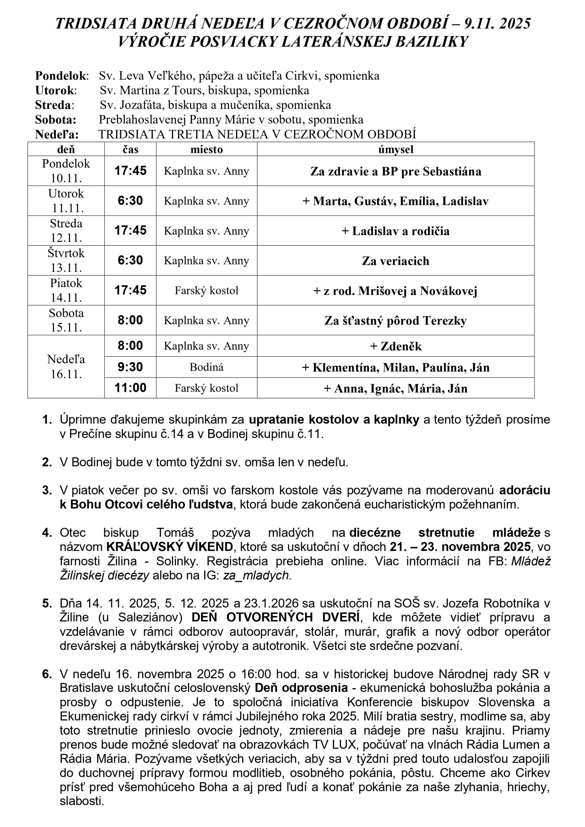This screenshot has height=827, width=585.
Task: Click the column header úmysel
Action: point(395,149)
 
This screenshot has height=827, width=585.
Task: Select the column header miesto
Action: point(206,149)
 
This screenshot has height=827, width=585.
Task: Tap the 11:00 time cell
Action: point(131,388)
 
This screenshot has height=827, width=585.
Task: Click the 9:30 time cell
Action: point(131,367)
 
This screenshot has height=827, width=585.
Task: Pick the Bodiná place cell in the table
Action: point(206,367)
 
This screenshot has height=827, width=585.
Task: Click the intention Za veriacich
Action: point(395,261)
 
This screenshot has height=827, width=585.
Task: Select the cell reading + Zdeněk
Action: point(395,346)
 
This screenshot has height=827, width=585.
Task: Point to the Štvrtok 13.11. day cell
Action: point(66,260)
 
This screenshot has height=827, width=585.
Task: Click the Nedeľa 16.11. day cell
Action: point(66,367)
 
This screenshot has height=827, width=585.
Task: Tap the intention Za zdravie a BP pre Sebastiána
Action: point(395,171)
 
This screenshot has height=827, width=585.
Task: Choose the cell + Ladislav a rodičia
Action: point(395,231)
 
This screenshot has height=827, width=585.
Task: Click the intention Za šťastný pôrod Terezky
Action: point(395,320)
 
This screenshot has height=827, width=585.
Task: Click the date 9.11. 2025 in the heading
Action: point(497,24)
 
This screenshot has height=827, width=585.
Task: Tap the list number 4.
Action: point(47,533)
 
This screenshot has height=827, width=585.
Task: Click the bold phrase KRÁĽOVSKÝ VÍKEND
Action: point(170,547)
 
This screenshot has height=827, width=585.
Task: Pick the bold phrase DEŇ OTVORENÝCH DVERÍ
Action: point(275,617)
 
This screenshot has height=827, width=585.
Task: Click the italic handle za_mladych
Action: point(256,575)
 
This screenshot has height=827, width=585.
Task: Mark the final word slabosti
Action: point(82,801)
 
